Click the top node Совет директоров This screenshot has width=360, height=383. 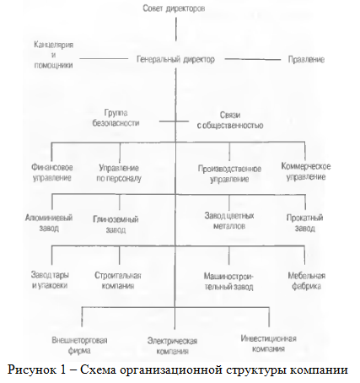pyautogui.click(x=174, y=8)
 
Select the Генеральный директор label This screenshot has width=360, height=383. pyautogui.click(x=175, y=59)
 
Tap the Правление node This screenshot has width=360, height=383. pyautogui.click(x=306, y=59)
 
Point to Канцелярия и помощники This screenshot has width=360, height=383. pyautogui.click(x=54, y=55)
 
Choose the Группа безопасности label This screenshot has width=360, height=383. pyautogui.click(x=116, y=118)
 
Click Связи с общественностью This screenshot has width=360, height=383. pyautogui.click(x=230, y=120)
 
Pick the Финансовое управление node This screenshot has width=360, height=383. pyautogui.click(x=52, y=173)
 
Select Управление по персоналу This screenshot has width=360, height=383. pyautogui.click(x=119, y=173)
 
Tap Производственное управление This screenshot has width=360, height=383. pyautogui.click(x=229, y=174)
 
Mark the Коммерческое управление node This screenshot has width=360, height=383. pyautogui.click(x=306, y=171)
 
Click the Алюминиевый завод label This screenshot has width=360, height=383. pyautogui.click(x=49, y=223)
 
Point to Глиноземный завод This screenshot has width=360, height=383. pyautogui.click(x=116, y=224)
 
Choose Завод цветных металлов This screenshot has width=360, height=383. pyautogui.click(x=229, y=221)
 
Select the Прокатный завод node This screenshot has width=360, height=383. pyautogui.click(x=305, y=223)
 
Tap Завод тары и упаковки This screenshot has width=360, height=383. pyautogui.click(x=50, y=280)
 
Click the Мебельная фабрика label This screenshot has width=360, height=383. pyautogui.click(x=307, y=281)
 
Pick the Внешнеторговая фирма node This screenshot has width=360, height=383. pyautogui.click(x=79, y=345)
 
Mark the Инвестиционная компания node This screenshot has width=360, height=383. pyautogui.click(x=268, y=343)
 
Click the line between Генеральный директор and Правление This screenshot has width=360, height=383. pyautogui.click(x=253, y=59)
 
